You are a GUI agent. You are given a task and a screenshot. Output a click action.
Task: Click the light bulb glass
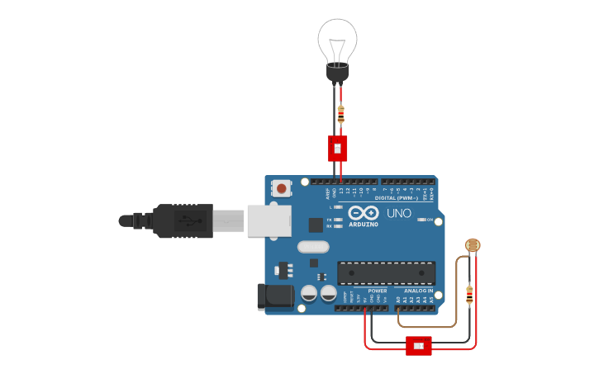coord(337,39)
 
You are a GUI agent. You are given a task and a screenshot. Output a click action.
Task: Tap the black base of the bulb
coord(337,73)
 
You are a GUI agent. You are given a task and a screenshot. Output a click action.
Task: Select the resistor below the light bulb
coord(340,113)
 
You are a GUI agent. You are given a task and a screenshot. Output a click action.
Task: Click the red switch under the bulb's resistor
coord(338,148)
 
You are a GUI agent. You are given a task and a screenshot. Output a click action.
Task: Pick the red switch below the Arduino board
coord(419,345)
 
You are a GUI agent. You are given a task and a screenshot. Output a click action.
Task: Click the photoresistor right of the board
coord(472,245)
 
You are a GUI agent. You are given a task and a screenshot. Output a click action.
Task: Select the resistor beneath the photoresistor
coord(469,293)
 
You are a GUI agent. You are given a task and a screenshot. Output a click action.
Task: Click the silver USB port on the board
coord(269,221)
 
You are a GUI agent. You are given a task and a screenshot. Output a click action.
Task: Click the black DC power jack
coord(275,296)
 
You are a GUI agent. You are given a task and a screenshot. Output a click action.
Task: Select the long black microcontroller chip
coord(386,272)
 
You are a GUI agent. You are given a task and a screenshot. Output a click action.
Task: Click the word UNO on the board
coord(399,214)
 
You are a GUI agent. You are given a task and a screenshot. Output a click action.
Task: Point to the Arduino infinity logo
coord(364,213)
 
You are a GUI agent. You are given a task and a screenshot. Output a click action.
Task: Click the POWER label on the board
coord(377,291)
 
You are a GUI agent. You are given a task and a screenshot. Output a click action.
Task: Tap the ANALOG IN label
coord(418,291)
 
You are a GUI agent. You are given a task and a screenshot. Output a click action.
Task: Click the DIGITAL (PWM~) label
coord(395,198)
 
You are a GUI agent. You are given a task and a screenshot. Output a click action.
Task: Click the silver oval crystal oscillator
coord(313,246)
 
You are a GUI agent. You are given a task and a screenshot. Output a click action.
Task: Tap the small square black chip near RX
coord(316,224)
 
